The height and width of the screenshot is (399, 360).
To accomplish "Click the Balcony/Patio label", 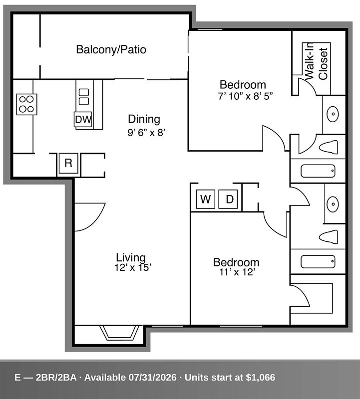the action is tap(111, 49).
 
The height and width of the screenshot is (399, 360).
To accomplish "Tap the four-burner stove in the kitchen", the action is tap(27, 104).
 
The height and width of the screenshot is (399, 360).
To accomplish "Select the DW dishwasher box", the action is tap(83, 119).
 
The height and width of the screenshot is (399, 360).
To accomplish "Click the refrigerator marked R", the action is tap(68, 163).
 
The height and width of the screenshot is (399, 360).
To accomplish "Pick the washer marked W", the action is tap(206, 199).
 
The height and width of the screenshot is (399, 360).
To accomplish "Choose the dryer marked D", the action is tap(228, 199).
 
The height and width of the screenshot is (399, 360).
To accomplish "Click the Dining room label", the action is tap(144, 119).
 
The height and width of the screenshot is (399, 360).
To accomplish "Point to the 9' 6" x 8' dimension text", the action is tap(147, 133).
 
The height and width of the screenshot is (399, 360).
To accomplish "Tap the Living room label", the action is tap(131, 257).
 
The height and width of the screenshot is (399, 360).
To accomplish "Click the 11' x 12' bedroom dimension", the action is tap(237, 272).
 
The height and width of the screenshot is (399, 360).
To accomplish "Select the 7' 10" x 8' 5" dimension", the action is tap(245, 96).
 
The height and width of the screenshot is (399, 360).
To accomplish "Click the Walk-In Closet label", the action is tap(316, 61).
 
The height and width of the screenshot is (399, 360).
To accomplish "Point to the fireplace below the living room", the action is tap(119, 333).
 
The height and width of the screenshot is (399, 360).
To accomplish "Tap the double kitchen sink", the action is tap(84, 97).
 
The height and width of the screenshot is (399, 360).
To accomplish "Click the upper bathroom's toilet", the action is tap(329, 147).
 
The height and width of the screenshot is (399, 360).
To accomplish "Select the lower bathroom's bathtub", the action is tap(318, 261).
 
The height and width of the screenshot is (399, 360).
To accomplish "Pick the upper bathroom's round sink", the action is tap(333, 114).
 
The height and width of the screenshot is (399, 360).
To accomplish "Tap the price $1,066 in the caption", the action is tap(260, 378).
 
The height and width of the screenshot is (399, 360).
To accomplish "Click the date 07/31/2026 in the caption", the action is tap(152, 378).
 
